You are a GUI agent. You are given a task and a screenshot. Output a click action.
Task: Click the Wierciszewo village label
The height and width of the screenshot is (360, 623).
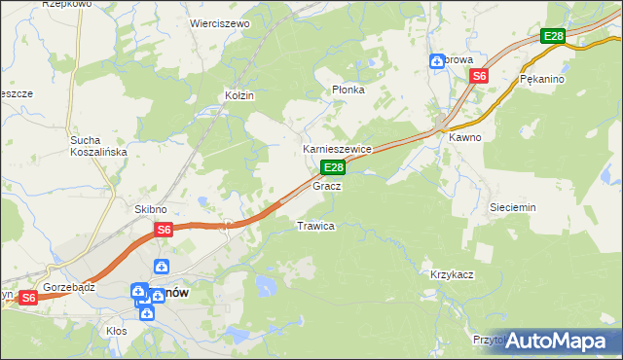pyautogui.click(x=220, y=22)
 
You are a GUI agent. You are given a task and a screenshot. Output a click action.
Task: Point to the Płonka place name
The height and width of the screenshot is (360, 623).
pyautogui.click(x=348, y=90)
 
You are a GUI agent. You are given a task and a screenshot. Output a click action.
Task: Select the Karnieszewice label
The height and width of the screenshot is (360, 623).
pyautogui.click(x=338, y=149)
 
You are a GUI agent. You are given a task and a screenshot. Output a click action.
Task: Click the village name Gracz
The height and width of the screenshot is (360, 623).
pyautogui.click(x=326, y=185)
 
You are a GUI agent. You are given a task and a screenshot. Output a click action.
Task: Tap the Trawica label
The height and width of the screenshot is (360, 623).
pyautogui.click(x=315, y=226)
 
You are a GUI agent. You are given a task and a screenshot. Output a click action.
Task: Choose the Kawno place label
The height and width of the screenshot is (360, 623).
pyautogui.click(x=464, y=137)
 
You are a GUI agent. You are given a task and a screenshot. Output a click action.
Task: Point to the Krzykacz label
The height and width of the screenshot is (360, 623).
pyautogui.click(x=452, y=274)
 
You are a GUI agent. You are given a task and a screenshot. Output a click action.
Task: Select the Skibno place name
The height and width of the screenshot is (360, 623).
pyautogui.click(x=151, y=209)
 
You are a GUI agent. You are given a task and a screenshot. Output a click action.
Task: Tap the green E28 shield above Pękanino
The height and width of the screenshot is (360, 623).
pyautogui.click(x=553, y=36)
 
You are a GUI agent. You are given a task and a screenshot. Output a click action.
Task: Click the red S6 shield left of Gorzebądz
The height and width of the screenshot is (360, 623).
pyautogui.click(x=28, y=298)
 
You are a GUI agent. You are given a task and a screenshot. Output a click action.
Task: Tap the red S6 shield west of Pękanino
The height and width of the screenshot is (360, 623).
pyautogui.click(x=479, y=75)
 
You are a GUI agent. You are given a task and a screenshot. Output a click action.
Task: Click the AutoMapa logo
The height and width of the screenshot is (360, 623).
pyautogui.click(x=555, y=341)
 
